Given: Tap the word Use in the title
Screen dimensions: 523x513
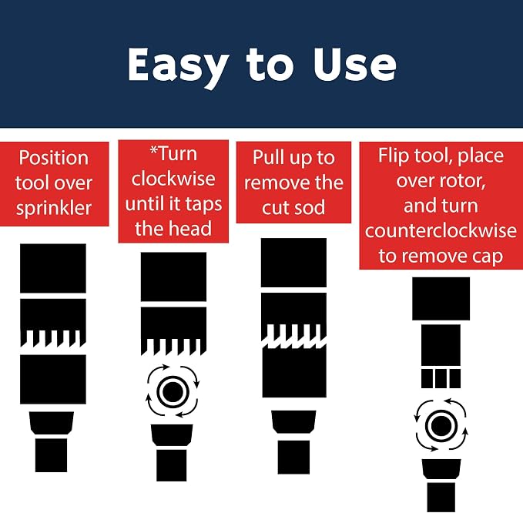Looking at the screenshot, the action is [354, 64].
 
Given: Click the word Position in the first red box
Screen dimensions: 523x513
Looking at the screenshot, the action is [54, 158].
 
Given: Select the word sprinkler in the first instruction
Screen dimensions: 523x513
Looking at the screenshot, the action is [54, 208].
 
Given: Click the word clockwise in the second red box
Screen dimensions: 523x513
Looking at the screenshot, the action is [173, 179].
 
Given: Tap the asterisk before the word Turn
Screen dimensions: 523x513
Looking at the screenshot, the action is [154, 150].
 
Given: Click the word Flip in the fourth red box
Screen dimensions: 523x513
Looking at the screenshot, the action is [394, 156].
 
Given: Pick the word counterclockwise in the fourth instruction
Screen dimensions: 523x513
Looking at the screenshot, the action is [441, 230].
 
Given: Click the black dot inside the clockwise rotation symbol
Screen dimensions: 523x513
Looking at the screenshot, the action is [173, 391].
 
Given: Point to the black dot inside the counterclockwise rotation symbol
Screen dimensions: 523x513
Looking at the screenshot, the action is [441, 426].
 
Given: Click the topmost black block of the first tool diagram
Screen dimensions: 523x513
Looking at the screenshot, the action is [53, 268].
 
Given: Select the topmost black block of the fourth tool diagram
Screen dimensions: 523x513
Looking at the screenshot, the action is [441, 299].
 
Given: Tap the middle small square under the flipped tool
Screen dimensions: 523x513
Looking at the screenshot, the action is [441, 378].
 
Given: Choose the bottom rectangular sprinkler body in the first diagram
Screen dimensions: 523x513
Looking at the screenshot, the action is [51, 455].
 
